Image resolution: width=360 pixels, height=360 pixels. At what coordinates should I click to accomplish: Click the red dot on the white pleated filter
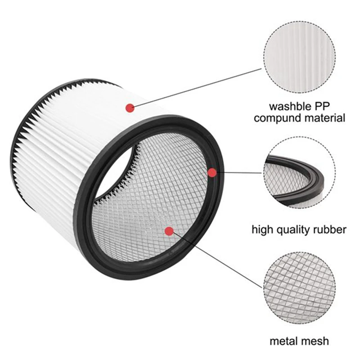130,108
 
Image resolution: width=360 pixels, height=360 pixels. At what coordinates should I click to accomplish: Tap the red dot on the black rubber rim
212,172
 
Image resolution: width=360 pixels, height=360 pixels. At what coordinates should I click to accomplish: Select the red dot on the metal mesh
169,231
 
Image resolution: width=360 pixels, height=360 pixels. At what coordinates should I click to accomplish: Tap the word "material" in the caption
324,118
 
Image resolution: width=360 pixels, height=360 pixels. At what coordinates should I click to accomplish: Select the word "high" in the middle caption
262,230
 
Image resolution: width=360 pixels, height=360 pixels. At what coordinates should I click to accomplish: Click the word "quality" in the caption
294,230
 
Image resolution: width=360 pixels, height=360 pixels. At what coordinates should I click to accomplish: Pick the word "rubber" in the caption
331,230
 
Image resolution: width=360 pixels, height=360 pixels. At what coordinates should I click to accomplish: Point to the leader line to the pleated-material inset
198,88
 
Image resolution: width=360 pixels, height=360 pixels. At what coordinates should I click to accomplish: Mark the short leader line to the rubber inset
238,172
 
